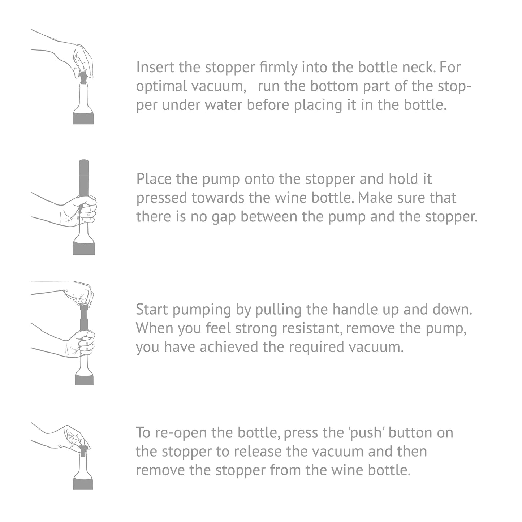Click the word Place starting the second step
click(154, 179)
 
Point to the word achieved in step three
click(229, 347)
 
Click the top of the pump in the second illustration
click(84, 161)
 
